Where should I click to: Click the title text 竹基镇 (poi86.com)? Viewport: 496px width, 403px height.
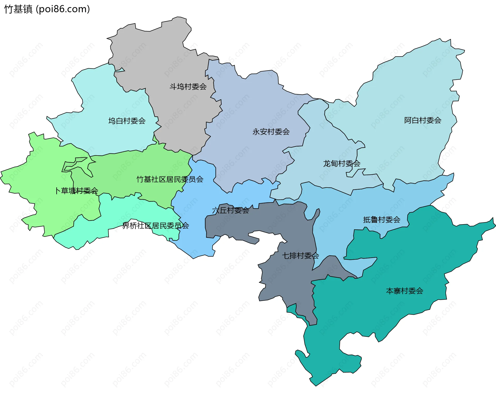tap(47, 9)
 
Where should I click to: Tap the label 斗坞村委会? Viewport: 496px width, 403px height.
tap(188, 87)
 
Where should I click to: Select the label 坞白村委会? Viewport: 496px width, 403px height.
tap(127, 121)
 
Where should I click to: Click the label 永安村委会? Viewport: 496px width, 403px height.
tap(271, 132)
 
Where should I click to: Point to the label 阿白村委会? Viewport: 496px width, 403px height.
tap(423, 120)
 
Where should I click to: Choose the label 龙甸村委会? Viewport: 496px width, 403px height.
tap(342, 163)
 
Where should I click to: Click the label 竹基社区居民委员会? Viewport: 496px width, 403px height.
tap(170, 179)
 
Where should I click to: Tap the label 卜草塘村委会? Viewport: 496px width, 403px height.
tap(76, 191)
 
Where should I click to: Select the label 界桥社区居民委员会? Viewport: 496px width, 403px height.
tap(156, 226)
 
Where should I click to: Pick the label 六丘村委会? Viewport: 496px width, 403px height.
tap(230, 210)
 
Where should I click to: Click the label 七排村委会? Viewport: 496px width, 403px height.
tap(300, 255)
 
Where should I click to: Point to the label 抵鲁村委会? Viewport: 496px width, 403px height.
tap(382, 220)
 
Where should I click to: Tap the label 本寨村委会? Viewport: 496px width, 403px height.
tap(405, 291)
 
